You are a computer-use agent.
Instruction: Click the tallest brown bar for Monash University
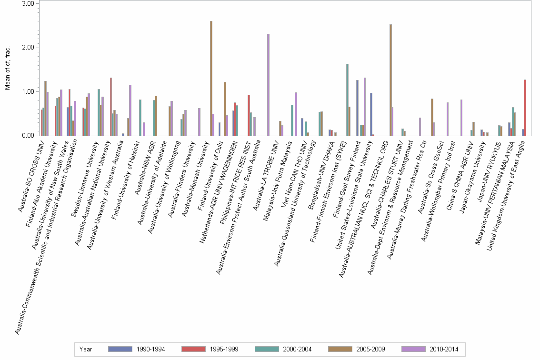(x=211, y=79)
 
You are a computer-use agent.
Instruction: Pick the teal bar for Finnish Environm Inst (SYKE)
(x=347, y=100)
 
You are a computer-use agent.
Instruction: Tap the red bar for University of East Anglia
(x=525, y=108)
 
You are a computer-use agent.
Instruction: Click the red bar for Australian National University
(x=111, y=107)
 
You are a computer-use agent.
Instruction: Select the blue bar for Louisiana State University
(x=371, y=114)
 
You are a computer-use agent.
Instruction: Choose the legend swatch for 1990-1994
(x=120, y=349)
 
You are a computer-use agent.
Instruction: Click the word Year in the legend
(x=86, y=349)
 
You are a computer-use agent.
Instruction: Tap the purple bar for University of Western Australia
(x=130, y=110)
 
